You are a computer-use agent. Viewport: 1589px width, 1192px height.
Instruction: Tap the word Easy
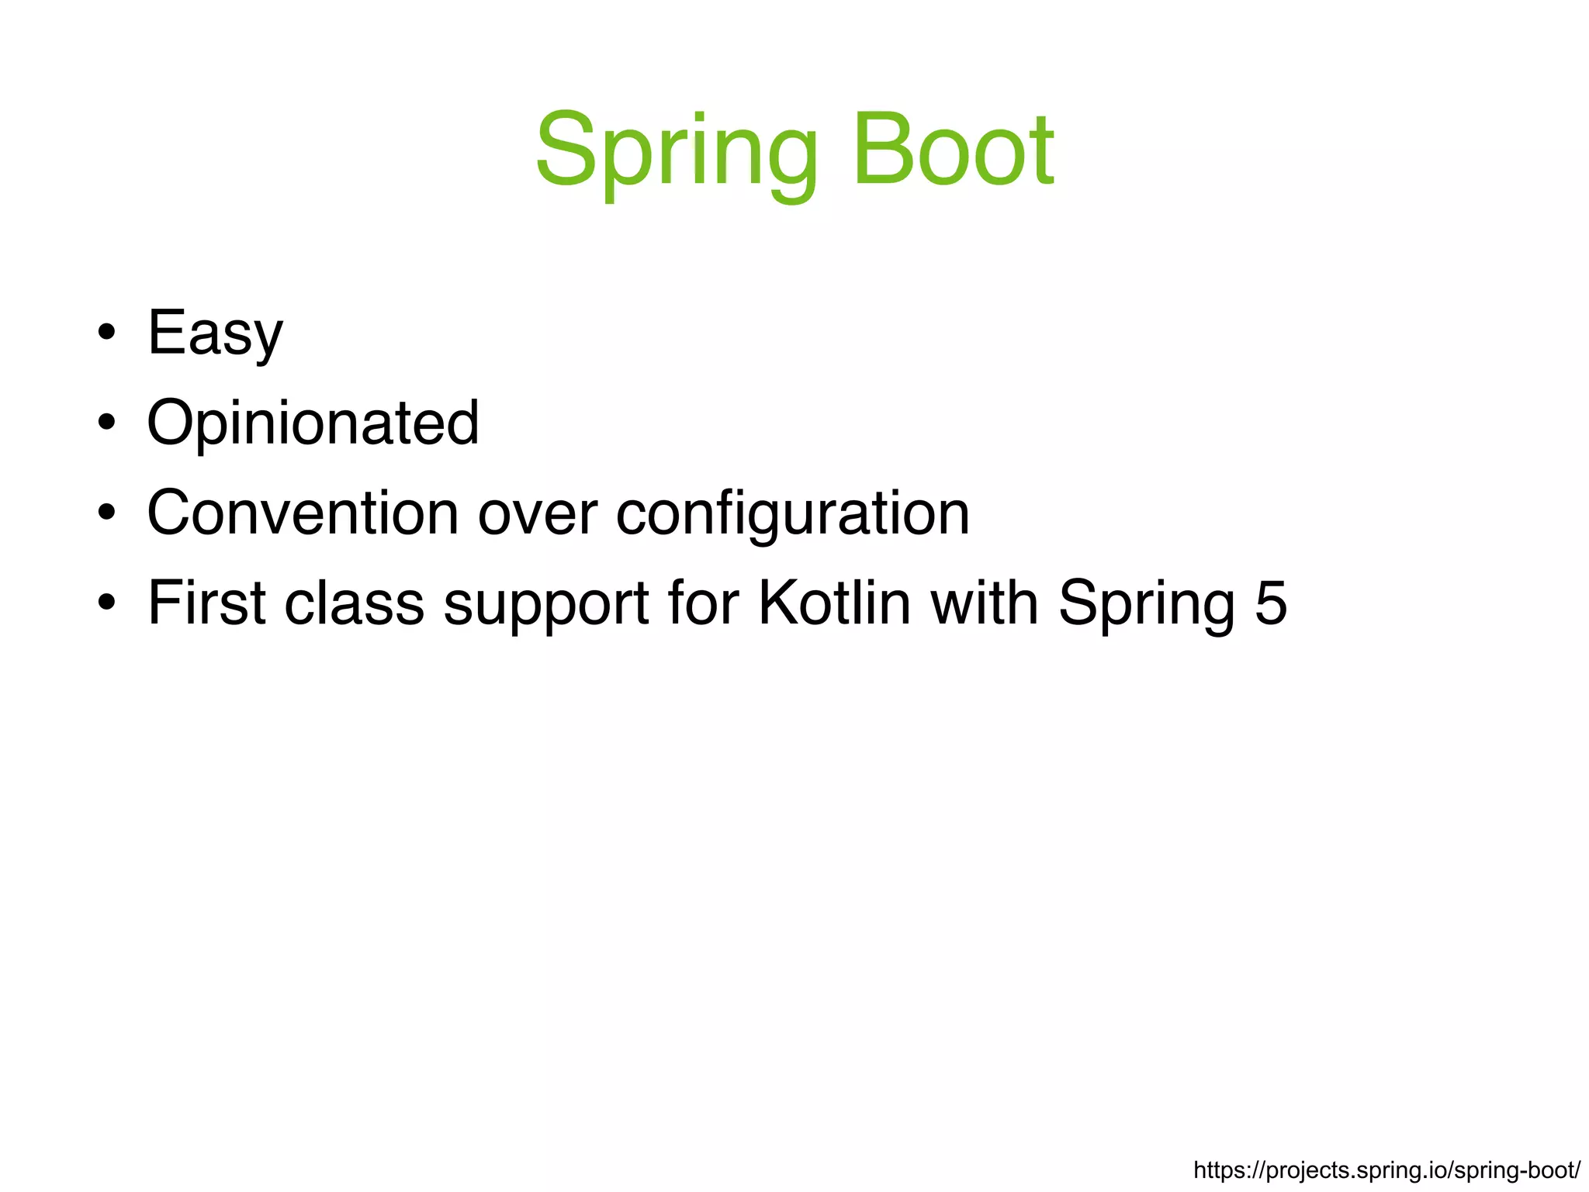coord(215,333)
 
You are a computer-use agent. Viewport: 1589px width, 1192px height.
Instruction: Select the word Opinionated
coord(313,423)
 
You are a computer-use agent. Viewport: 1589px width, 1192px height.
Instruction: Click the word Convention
coord(303,513)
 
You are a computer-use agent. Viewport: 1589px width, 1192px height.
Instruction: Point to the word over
coord(537,513)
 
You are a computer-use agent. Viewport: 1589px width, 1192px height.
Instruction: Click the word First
coord(207,603)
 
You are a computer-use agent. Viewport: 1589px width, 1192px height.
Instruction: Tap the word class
coord(355,603)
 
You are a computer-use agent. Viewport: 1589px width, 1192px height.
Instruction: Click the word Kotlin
coord(834,603)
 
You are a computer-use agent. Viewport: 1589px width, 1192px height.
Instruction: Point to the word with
coord(984,603)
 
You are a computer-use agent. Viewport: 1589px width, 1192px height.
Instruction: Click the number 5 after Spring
coord(1271,603)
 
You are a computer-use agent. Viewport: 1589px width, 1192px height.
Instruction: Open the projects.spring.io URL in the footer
coord(1386,1170)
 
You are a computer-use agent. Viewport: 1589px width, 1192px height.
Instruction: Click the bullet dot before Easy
coord(107,334)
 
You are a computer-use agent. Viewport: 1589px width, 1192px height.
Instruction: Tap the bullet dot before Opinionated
coord(107,424)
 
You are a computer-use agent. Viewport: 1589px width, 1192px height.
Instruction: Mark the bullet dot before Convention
coord(107,513)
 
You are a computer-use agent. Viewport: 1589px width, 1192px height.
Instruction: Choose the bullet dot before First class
coord(107,603)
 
